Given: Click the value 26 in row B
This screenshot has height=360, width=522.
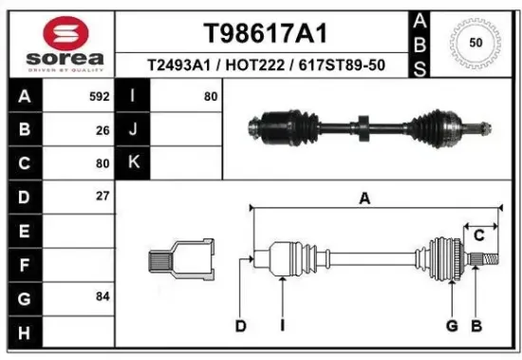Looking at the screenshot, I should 100,129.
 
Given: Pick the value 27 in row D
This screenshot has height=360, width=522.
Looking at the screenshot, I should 100,197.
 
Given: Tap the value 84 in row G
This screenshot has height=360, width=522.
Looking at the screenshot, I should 100,297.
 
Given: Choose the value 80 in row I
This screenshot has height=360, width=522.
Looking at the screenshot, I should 210,96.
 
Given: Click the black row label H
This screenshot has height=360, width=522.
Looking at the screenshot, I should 22,332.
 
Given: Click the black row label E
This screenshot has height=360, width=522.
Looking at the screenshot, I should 22,230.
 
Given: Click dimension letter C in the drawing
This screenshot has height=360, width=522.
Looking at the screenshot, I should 479,234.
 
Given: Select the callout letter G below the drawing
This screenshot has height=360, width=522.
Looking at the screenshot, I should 452,327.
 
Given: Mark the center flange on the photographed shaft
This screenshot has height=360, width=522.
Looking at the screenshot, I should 363,124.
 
